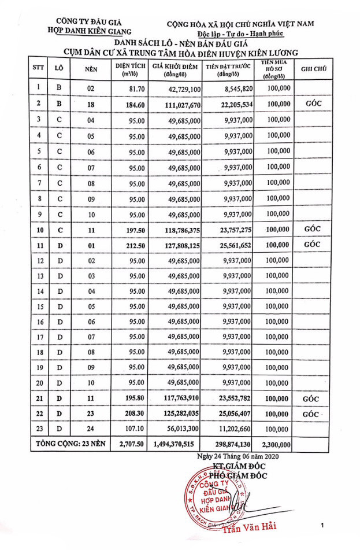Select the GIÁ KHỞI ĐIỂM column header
click(176, 69)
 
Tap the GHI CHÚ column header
click(313, 69)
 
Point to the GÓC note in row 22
click(311, 415)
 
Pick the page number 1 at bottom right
click(322, 525)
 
